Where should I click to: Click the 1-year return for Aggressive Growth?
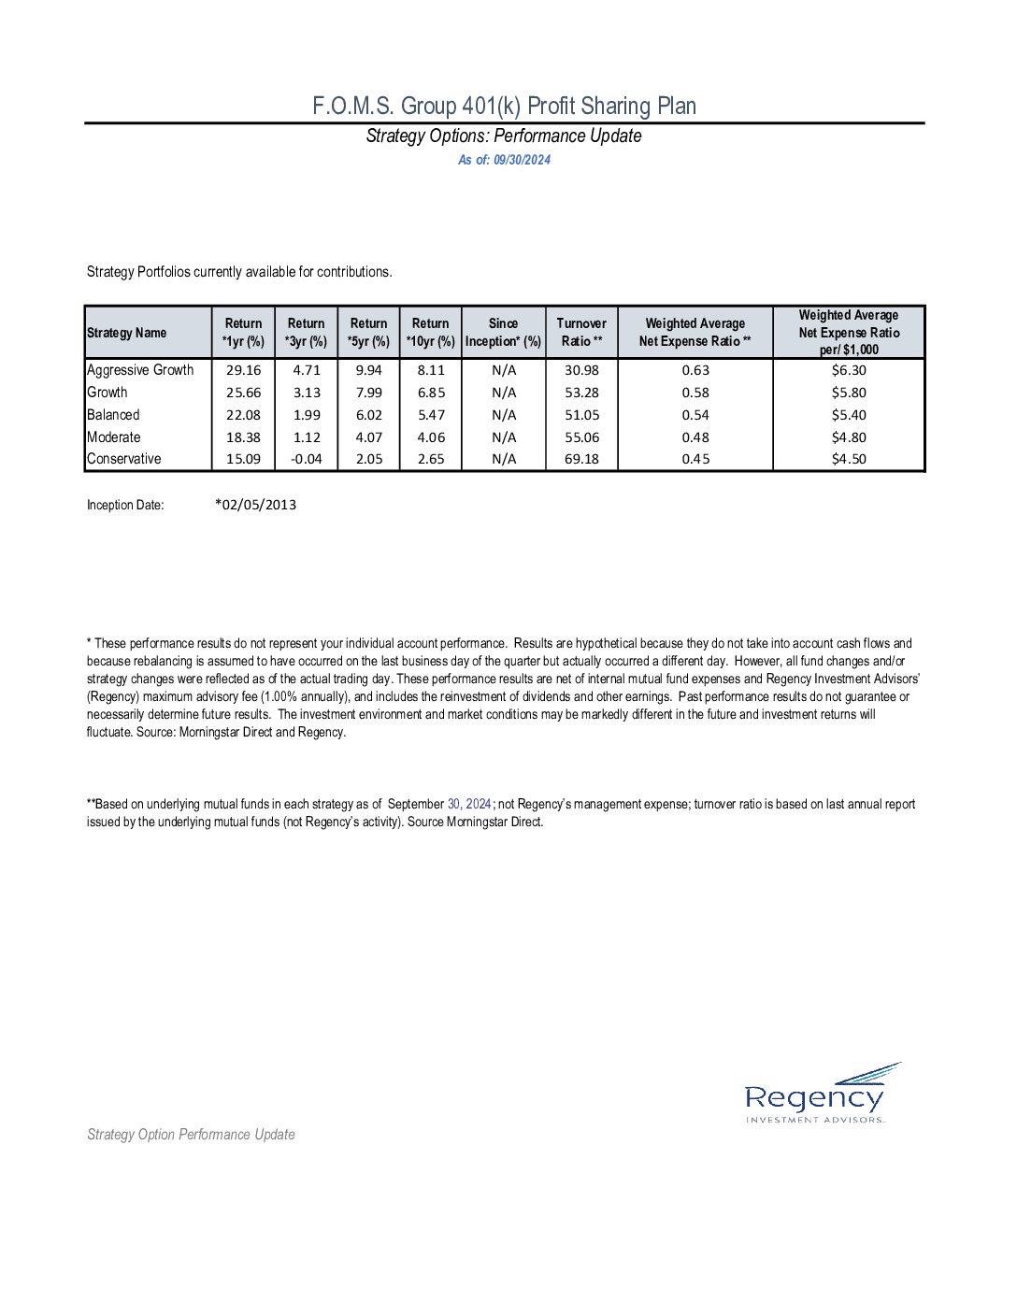tap(243, 370)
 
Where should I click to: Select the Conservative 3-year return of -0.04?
tap(307, 459)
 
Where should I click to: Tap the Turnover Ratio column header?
tap(581, 332)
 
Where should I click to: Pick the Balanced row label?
tap(113, 415)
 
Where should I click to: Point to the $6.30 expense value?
tap(849, 370)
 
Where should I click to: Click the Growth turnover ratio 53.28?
tap(581, 393)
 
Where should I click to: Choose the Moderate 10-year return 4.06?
tap(431, 437)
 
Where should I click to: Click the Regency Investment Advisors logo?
tap(816, 1094)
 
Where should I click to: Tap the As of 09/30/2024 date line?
tap(504, 160)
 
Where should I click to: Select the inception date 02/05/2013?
tap(256, 505)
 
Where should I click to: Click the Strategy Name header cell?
tap(127, 333)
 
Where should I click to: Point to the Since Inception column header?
tap(503, 332)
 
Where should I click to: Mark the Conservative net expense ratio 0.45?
tap(695, 459)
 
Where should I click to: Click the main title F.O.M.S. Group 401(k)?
tap(504, 106)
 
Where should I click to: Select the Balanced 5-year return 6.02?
tap(369, 415)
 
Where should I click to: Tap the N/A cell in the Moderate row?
tap(504, 437)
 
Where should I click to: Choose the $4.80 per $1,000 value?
tap(849, 437)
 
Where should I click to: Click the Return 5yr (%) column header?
tap(368, 332)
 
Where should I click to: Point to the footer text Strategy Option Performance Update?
tap(191, 1135)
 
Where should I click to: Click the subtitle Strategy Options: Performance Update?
tap(504, 136)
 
